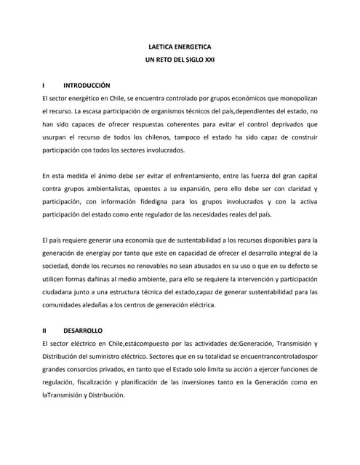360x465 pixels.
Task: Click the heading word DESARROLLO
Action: pyautogui.click(x=82, y=330)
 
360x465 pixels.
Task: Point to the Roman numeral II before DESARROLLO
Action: pyautogui.click(x=46, y=330)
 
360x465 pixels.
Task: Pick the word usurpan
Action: pyautogui.click(x=57, y=137)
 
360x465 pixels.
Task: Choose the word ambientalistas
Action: pyautogui.click(x=107, y=190)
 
